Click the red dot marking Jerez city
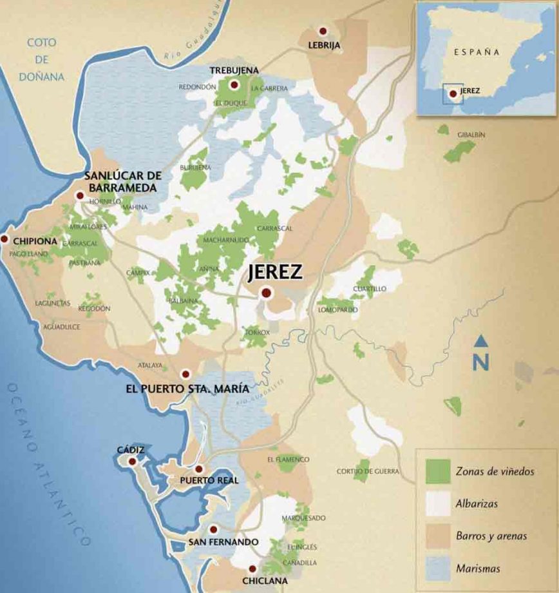pos(266,293)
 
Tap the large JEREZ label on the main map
pos(275,273)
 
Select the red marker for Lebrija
pos(323,31)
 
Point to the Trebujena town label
pos(234,70)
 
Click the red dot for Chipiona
pos(5,239)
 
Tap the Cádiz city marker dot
pos(132,462)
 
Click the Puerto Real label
pos(209,481)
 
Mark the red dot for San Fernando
pos(213,529)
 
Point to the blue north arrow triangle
pos(480,340)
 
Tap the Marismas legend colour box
pos(438,568)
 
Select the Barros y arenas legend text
pos(491,536)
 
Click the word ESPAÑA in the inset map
pos(477,51)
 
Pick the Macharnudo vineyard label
pos(225,240)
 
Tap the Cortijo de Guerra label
pos(368,472)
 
